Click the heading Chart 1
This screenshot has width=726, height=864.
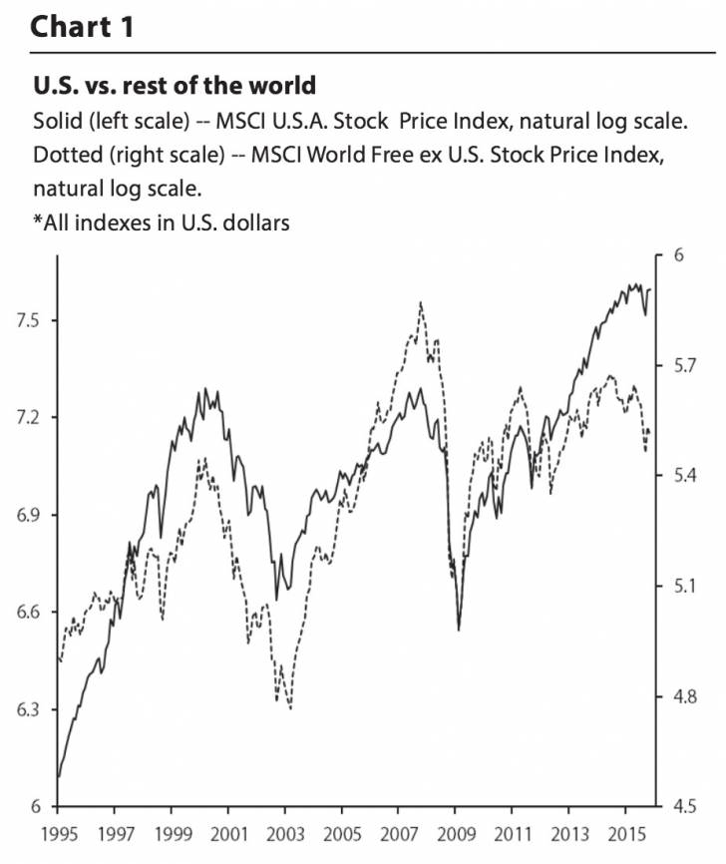pyautogui.click(x=82, y=26)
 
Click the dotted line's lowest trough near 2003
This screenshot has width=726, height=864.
pyautogui.click(x=290, y=708)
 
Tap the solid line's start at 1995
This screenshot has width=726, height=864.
pyautogui.click(x=59, y=775)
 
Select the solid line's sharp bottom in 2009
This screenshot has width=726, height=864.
pyautogui.click(x=458, y=630)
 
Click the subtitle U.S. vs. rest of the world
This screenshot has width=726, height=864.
pyautogui.click(x=175, y=84)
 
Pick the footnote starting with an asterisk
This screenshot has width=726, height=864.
pyautogui.click(x=161, y=222)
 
